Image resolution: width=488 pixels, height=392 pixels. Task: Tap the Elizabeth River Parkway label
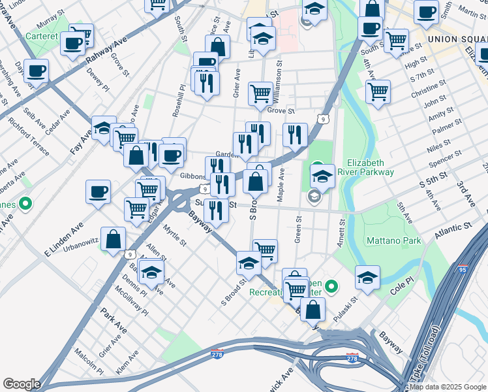click(371, 167)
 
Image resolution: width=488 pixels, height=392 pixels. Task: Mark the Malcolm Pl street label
click(89, 361)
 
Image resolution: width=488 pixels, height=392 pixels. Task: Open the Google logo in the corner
click(22, 384)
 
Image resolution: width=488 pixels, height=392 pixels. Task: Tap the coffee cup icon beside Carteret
click(73, 42)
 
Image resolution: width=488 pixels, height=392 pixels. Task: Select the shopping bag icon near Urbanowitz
click(114, 239)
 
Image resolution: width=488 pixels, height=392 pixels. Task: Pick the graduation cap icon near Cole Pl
click(367, 277)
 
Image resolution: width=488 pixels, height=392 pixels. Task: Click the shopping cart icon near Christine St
click(378, 91)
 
